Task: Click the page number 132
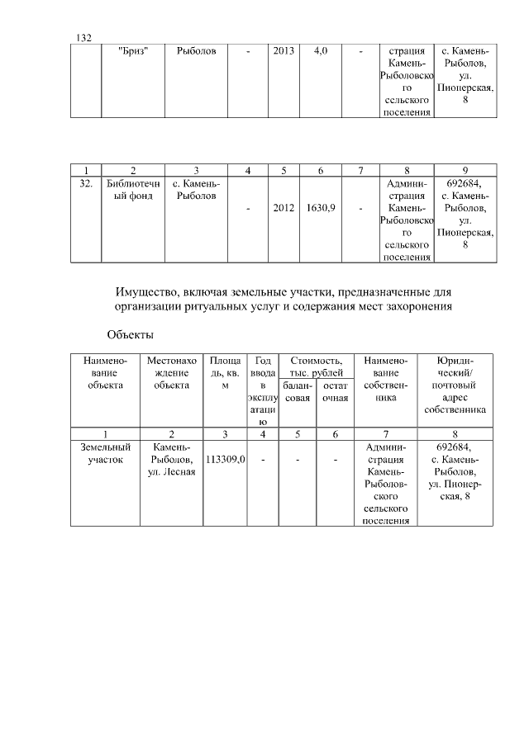[83, 38]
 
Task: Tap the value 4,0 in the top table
[321, 51]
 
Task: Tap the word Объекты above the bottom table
[131, 335]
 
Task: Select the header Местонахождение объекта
[172, 373]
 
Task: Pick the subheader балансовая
[297, 391]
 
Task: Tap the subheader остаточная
[335, 391]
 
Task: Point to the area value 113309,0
[225, 460]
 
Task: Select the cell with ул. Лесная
[172, 471]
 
